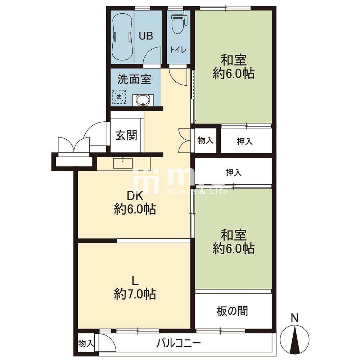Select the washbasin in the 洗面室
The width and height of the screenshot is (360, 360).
coord(143,100)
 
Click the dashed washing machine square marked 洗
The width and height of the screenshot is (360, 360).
coord(119,97)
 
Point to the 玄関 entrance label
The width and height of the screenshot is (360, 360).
coord(126,135)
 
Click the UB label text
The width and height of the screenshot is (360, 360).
coord(146,36)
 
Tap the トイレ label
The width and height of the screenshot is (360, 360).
coord(178,50)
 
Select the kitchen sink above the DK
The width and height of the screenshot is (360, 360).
coord(123,163)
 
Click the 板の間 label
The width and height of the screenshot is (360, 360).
coord(232,311)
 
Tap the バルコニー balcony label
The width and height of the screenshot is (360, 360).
coord(179,343)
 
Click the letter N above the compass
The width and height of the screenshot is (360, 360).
coord(295,318)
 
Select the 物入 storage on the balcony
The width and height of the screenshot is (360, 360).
coord(86,344)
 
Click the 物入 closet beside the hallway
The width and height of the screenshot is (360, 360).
coord(206,140)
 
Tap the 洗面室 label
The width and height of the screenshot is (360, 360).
coord(134,79)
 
